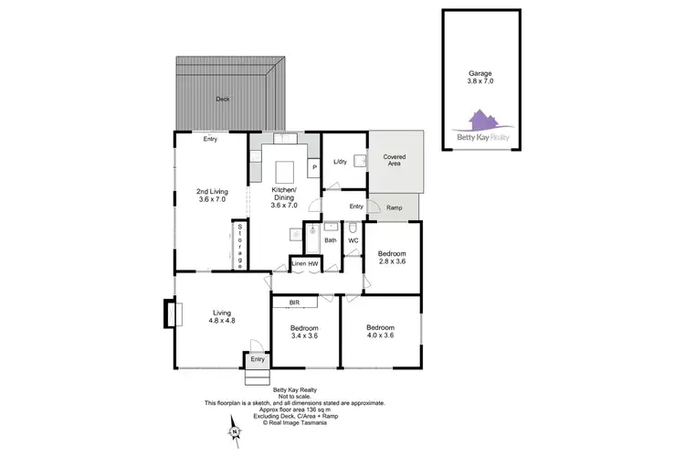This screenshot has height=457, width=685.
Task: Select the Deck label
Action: click(223, 99)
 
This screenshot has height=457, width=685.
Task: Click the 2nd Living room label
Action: click(211, 195)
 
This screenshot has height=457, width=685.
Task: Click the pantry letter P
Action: click(312, 167)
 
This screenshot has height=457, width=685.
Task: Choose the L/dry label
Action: click(340, 162)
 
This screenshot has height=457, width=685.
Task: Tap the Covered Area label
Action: click(395, 162)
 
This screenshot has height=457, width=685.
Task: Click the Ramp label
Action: click(395, 208)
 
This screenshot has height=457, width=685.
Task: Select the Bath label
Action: click(330, 240)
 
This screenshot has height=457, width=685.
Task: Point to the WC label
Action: click(353, 240)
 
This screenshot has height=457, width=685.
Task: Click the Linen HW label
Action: click(304, 264)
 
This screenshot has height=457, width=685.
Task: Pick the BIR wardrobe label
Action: click(294, 301)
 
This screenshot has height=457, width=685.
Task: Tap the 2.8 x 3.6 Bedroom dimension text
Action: click(392, 261)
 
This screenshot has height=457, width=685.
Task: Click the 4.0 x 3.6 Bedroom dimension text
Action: click(380, 335)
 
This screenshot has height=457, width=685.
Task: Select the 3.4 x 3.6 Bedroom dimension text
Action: click(304, 335)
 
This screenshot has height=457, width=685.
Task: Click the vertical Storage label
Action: click(239, 245)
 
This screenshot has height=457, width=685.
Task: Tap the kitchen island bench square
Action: click(283, 171)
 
